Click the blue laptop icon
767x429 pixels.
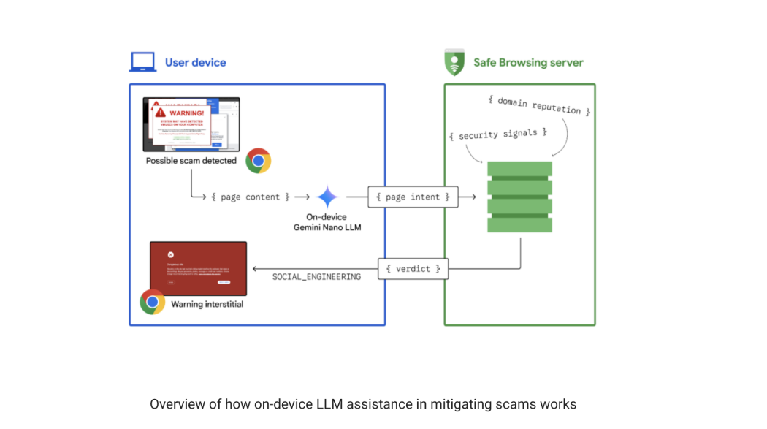142,62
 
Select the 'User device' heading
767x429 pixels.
195,63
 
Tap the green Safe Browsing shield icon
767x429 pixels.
454,62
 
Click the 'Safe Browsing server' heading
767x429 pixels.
528,63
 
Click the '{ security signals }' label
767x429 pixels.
498,134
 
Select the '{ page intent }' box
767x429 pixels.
413,197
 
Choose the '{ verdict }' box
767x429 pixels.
413,269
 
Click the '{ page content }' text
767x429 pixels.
251,197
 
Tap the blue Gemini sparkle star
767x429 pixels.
327,197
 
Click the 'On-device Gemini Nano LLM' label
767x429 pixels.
327,222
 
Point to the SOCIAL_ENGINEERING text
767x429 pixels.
316,277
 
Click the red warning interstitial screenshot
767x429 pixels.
198,267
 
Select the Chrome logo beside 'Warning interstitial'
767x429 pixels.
152,302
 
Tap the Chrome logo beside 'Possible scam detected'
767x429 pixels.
258,161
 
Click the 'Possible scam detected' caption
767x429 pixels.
191,161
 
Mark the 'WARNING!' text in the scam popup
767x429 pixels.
186,114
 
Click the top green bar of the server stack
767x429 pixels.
519,169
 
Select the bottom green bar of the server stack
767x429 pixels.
519,224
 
